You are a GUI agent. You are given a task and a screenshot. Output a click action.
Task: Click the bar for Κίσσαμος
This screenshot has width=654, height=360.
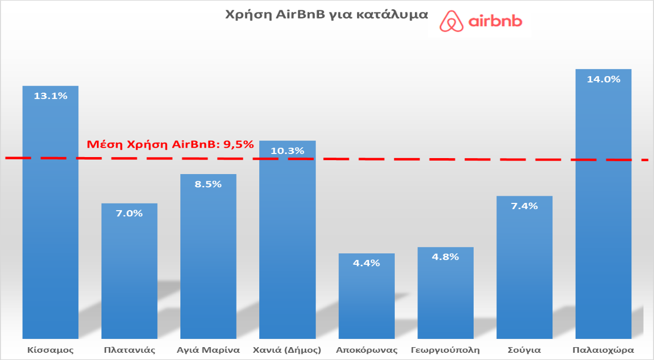pyautogui.click(x=51, y=216)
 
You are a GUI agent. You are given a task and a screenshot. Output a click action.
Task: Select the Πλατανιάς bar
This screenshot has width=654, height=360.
pyautogui.click(x=129, y=273)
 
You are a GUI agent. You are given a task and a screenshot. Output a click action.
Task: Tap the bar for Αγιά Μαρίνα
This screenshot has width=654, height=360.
pyautogui.click(x=208, y=258)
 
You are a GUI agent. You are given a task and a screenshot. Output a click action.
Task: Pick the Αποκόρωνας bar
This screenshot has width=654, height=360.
pyautogui.click(x=366, y=296)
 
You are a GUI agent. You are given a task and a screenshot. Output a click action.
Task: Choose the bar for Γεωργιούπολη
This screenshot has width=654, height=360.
pyautogui.click(x=445, y=294)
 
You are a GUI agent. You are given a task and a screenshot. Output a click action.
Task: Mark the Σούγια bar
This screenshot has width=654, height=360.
pyautogui.click(x=524, y=268)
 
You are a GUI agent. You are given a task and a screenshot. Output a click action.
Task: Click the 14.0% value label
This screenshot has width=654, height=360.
pyautogui.click(x=603, y=79)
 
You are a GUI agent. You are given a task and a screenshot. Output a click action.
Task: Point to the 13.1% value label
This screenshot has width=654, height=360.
pyautogui.click(x=51, y=96)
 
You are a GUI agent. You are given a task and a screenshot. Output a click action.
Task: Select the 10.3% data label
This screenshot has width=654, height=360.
pyautogui.click(x=287, y=150)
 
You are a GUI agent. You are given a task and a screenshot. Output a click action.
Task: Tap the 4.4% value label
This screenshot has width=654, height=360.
pyautogui.click(x=366, y=263)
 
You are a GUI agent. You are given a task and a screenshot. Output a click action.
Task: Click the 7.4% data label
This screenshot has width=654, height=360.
pyautogui.click(x=524, y=206)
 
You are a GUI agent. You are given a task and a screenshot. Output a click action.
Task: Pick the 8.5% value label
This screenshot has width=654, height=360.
pyautogui.click(x=208, y=184)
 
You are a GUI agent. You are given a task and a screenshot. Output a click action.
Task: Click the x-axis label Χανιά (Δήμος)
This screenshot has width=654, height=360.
pyautogui.click(x=287, y=350)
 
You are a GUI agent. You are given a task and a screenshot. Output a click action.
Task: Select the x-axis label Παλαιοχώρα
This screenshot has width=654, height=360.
pyautogui.click(x=603, y=350)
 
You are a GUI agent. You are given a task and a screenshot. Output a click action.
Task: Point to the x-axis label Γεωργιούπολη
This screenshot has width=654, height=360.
pyautogui.click(x=445, y=350)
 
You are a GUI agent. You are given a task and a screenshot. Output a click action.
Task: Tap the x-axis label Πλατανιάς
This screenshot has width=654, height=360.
pyautogui.click(x=129, y=350)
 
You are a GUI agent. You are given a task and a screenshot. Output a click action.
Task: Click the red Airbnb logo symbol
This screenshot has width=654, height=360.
pyautogui.click(x=452, y=21)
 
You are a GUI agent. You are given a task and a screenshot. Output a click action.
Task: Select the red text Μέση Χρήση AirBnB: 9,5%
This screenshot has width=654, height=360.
pyautogui.click(x=170, y=144)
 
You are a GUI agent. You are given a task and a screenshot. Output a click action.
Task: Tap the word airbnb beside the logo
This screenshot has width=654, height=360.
pyautogui.click(x=496, y=22)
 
